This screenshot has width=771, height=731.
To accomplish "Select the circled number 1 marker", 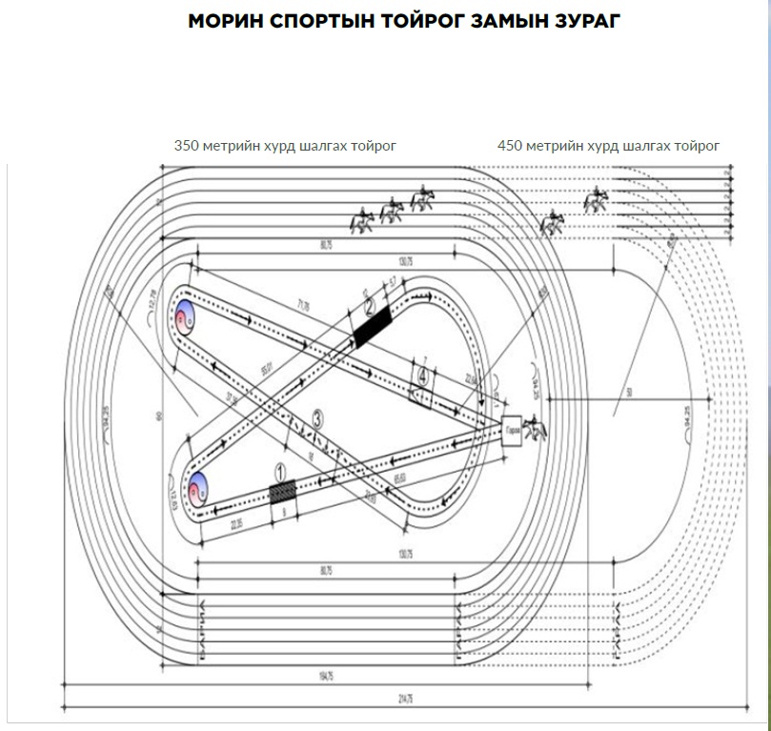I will coord(280,470).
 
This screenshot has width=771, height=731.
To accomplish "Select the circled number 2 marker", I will coord(371,305).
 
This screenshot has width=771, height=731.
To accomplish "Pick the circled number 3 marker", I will coord(318,416).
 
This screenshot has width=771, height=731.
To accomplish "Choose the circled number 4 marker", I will coord(422,375).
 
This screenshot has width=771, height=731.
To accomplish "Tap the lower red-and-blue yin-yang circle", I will coord(197,487).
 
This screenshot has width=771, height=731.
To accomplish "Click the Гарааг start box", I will coord(512,428).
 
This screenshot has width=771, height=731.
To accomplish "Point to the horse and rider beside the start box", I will coord(537,429).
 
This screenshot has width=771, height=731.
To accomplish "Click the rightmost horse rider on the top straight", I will coord(596,199).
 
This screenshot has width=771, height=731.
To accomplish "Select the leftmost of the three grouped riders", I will coord(362,221).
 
